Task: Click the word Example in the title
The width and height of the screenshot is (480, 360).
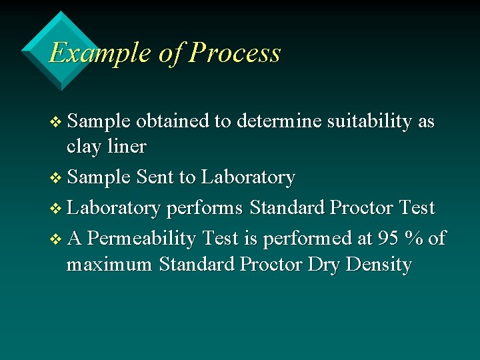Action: coord(100,53)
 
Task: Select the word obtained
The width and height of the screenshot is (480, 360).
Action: coord(172,122)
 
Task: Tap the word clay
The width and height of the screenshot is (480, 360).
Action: coord(85,146)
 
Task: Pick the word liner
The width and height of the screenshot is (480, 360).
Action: coord(127,146)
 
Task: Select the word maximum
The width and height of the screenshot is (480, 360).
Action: coord(109,265)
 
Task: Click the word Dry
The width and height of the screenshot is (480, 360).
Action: coord(323,265)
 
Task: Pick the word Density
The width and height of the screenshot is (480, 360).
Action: coord(379,265)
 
